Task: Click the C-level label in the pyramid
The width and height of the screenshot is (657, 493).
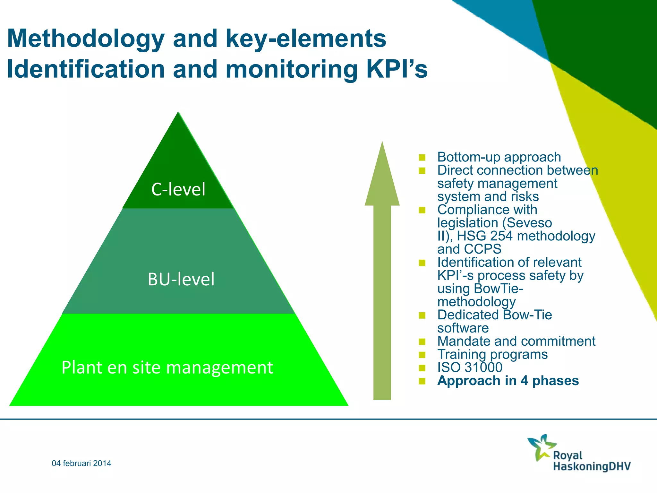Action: (178, 189)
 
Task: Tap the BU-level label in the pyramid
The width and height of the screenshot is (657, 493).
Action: (181, 279)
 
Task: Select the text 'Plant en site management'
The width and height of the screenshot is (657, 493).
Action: (167, 368)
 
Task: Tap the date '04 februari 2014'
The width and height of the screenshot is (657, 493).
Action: (81, 463)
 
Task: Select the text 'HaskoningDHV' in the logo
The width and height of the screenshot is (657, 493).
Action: (592, 466)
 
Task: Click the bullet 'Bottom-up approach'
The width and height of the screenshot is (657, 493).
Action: (499, 157)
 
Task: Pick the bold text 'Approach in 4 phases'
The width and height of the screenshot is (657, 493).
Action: (508, 381)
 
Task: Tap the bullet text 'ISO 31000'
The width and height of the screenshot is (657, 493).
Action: (470, 368)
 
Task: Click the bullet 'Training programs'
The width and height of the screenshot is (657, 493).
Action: (492, 354)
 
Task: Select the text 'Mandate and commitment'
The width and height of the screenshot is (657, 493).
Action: (516, 341)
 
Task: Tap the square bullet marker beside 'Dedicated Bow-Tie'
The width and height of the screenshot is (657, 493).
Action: (422, 316)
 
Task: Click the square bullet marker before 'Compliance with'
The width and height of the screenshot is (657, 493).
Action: (422, 210)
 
